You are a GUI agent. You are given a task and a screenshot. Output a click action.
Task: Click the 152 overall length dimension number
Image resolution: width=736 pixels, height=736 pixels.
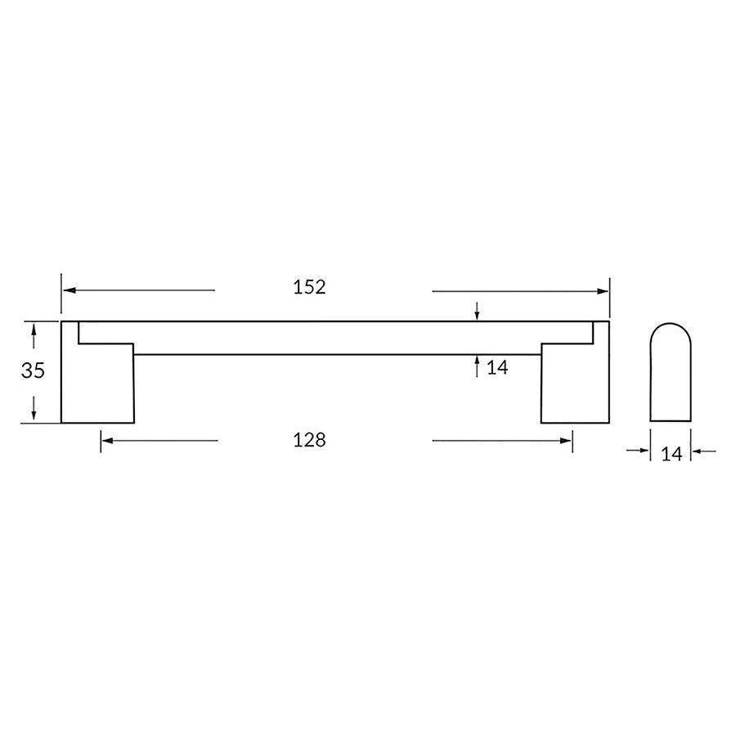click(309, 287)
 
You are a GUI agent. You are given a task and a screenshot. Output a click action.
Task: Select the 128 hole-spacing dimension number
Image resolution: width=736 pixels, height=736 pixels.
click(309, 440)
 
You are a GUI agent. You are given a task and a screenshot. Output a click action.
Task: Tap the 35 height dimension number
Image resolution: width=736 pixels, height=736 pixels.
click(33, 370)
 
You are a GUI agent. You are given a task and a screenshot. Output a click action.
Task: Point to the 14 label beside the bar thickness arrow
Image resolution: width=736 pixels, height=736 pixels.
click(497, 368)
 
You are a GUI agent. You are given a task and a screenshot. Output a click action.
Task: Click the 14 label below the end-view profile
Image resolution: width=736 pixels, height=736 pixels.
click(671, 455)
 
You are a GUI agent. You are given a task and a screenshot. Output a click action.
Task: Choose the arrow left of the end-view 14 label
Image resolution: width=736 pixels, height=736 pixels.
click(641, 451)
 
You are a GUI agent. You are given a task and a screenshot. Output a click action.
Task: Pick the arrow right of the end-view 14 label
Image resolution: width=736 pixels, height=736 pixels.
click(699, 451)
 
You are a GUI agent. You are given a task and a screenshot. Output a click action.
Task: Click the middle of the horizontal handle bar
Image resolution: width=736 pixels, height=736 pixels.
click(335, 338)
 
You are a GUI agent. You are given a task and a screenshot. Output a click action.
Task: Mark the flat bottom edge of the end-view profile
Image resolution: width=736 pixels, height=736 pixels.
click(671, 422)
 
